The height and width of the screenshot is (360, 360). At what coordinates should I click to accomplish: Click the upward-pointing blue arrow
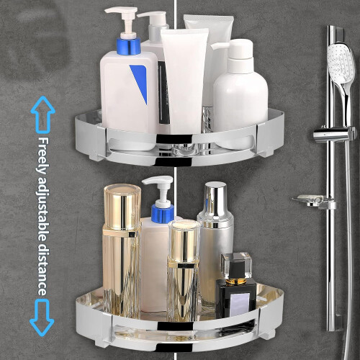coord(43,114)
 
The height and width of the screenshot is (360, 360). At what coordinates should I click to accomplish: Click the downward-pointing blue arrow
coord(42,318)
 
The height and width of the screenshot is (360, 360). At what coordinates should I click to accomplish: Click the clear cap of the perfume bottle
coord(236,265)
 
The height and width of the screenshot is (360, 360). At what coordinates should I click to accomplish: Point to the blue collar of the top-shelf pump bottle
coord(128,46)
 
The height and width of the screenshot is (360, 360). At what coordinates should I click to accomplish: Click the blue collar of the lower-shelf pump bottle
coord(163,213)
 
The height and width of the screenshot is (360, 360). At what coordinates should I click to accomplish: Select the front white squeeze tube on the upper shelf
coord(184,81)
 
